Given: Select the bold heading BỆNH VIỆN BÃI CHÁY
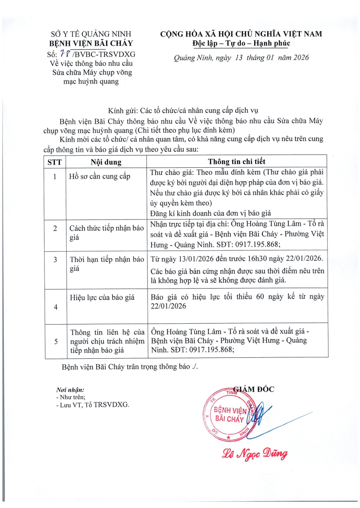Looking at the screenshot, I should click(x=91, y=44).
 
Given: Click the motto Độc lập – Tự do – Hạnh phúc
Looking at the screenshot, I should click(x=241, y=44).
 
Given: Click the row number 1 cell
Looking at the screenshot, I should click(x=55, y=177).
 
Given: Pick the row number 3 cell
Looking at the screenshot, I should click(x=55, y=260).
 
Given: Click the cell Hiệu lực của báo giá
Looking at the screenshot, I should click(x=100, y=297).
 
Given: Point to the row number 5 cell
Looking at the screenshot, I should click(x=55, y=341).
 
